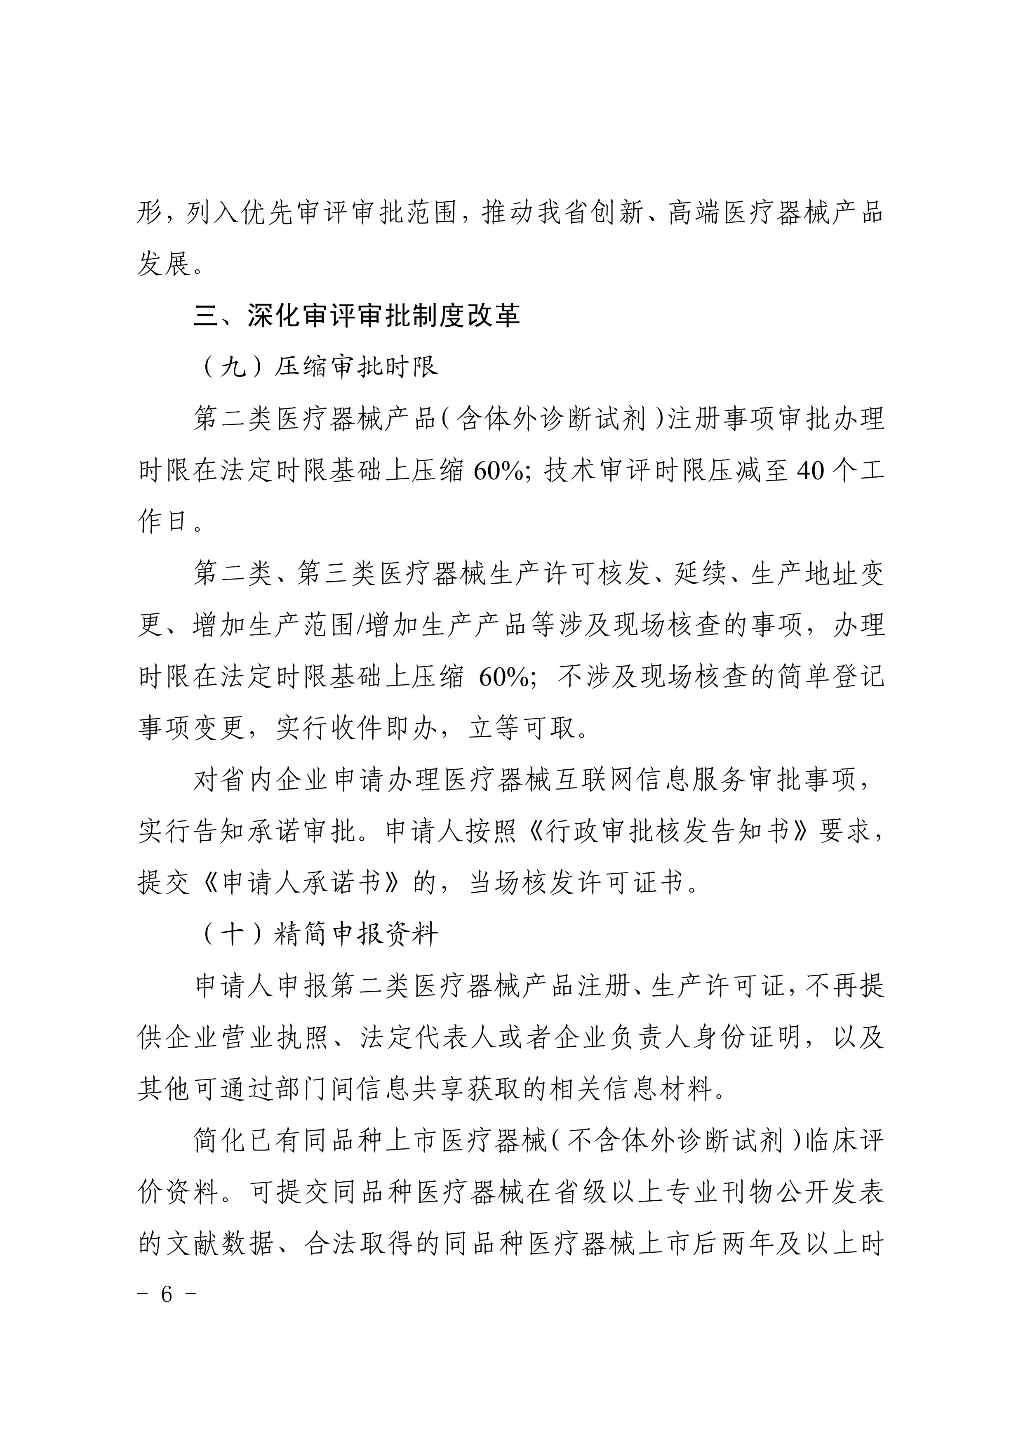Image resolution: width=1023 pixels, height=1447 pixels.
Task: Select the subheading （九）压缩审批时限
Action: tap(318, 367)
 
